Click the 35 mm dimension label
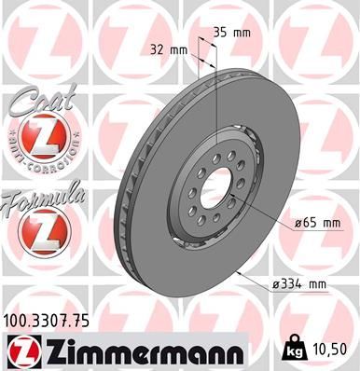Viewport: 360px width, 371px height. tap(231, 33)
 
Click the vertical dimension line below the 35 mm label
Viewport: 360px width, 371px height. tap(216, 103)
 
